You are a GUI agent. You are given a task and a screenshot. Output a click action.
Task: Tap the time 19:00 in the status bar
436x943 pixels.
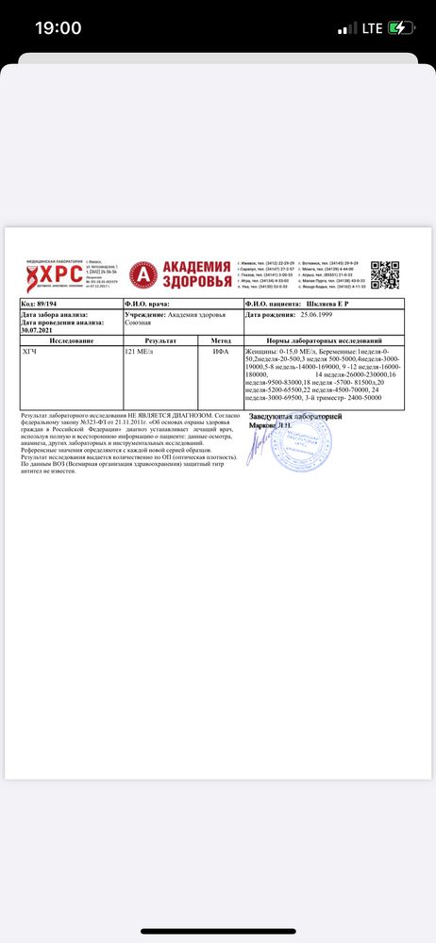point(59,28)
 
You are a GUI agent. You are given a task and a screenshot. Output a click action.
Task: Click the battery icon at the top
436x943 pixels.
point(399,28)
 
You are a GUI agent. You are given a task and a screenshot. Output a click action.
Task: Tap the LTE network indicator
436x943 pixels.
point(366,28)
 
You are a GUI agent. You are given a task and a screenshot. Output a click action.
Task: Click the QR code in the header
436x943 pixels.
point(387,274)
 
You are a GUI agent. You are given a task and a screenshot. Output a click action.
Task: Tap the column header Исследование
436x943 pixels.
point(72,339)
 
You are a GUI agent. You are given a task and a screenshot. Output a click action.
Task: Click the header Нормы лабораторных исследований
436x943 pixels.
point(324,339)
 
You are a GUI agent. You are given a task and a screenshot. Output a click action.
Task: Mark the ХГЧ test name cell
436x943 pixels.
point(31,350)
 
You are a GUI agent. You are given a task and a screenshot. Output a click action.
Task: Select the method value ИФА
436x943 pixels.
point(220,350)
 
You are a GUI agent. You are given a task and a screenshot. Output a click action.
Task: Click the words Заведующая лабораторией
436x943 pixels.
point(295,416)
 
